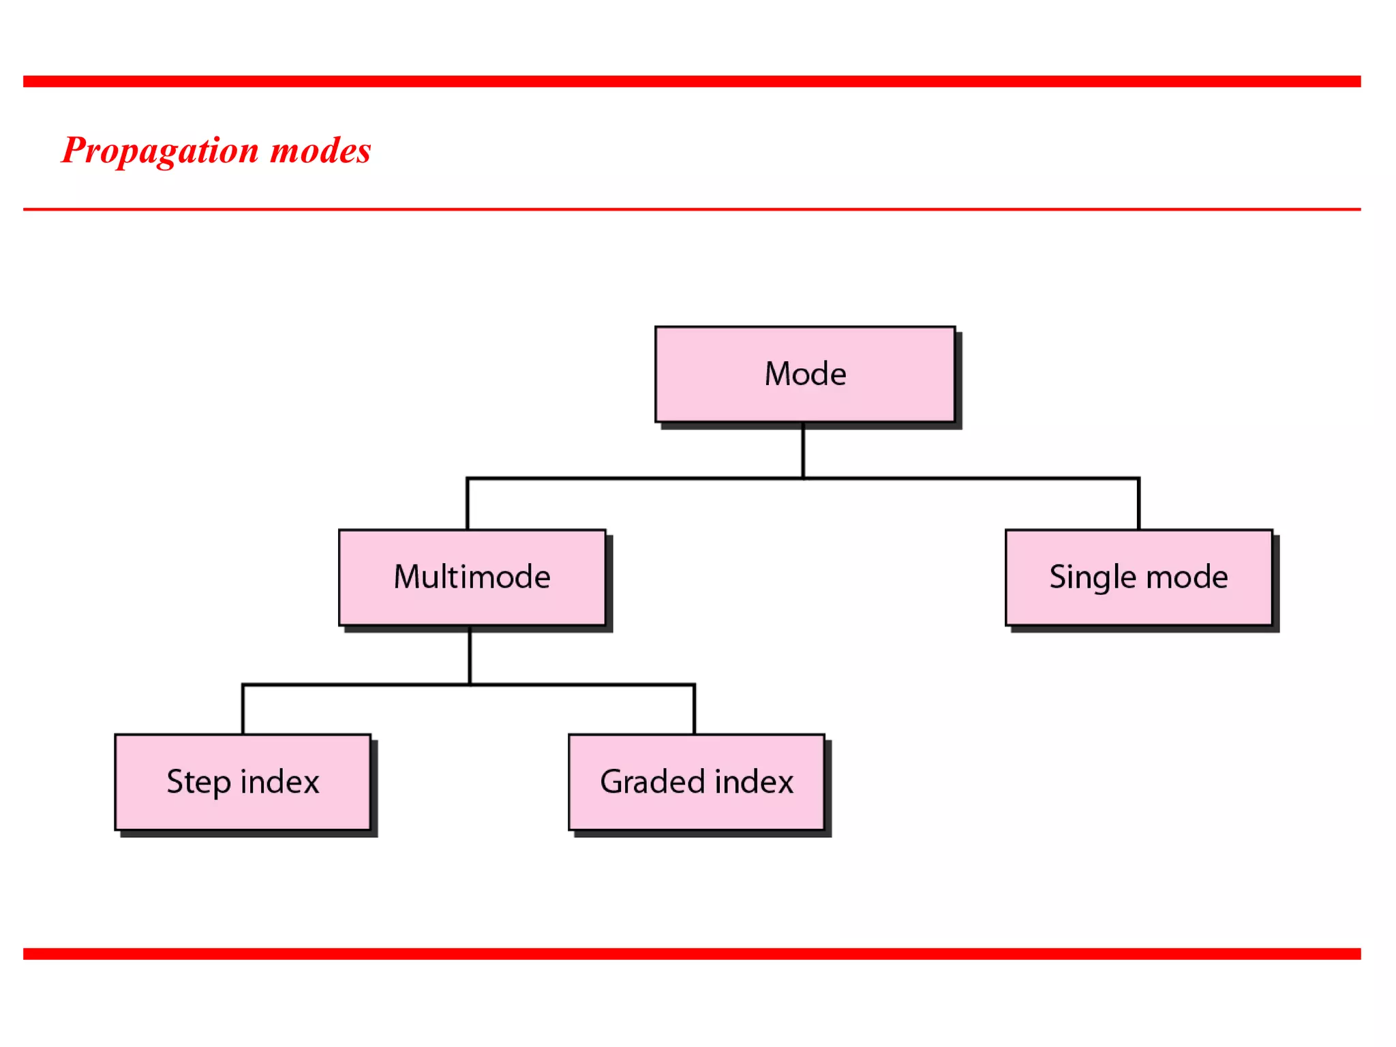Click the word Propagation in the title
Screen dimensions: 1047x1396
160,151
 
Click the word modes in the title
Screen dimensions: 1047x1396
320,151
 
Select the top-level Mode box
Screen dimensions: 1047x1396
804,374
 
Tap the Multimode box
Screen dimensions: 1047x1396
472,577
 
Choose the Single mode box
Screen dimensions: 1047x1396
1138,577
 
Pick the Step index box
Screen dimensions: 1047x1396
243,782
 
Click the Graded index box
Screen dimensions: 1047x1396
696,782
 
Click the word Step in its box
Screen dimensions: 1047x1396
198,782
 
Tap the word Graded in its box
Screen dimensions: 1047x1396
652,782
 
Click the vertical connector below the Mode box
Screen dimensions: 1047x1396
803,450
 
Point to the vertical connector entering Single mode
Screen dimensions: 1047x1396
1138,504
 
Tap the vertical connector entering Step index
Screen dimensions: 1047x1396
243,710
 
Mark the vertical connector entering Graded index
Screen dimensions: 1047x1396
694,710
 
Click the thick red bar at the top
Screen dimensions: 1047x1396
691,82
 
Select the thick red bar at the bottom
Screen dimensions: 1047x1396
691,954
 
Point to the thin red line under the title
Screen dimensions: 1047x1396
691,209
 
